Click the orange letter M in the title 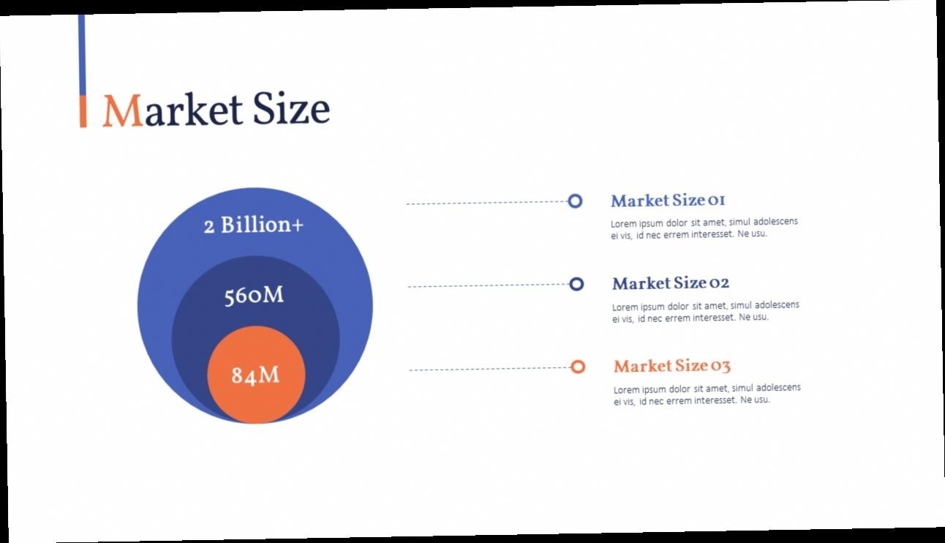coord(123,111)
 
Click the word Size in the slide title coord(291,108)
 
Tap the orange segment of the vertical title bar coord(83,111)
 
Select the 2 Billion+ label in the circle coord(254,225)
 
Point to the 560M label coord(254,295)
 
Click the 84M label coord(255,375)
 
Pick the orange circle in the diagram coord(256,374)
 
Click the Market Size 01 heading coord(668,200)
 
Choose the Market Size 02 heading coord(671,283)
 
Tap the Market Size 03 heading coord(671,366)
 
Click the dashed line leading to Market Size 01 coord(487,203)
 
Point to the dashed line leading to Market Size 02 coord(489,285)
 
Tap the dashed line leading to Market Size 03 coord(490,369)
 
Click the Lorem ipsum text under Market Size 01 coord(704,228)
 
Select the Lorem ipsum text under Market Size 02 coord(705,312)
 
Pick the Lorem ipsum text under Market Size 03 coord(707,394)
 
